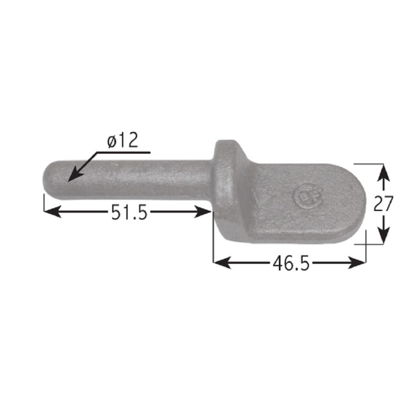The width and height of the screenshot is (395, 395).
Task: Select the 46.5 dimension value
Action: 291,263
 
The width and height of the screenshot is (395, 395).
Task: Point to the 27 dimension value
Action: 383,204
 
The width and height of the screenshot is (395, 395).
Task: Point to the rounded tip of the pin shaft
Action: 46,178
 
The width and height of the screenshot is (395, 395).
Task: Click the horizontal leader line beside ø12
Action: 123,152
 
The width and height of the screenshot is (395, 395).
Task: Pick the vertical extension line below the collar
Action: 213,246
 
